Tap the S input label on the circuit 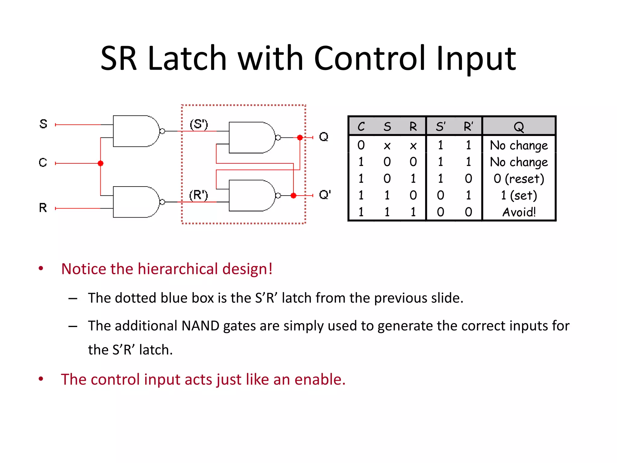pos(43,124)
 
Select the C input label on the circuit pos(43,163)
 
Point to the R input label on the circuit pos(43,208)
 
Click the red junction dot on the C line pos(101,163)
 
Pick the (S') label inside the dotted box pos(199,124)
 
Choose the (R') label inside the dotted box pos(199,195)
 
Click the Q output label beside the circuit pos(324,137)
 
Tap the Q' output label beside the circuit pos(325,195)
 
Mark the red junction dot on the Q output pos(300,138)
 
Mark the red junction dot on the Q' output pos(293,196)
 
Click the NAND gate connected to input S pos(136,131)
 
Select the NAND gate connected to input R pos(136,202)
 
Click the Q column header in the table pos(519,127)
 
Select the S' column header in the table pos(440,127)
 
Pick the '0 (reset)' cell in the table pos(519,179)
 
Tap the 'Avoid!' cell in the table pos(519,212)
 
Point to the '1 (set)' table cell pos(519,196)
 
